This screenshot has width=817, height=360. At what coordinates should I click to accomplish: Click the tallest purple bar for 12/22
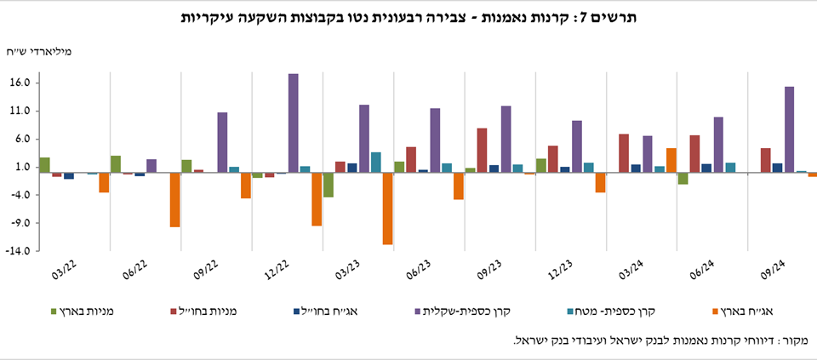point(293,123)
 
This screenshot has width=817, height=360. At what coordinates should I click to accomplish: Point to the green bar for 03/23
point(328,185)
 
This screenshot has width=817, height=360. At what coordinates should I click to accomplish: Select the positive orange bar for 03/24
point(671,160)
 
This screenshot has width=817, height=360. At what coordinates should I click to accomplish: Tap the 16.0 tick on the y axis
point(22,83)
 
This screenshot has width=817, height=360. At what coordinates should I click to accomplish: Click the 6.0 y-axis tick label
point(24,140)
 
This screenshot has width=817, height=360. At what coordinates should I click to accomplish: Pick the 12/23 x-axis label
point(560,271)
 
